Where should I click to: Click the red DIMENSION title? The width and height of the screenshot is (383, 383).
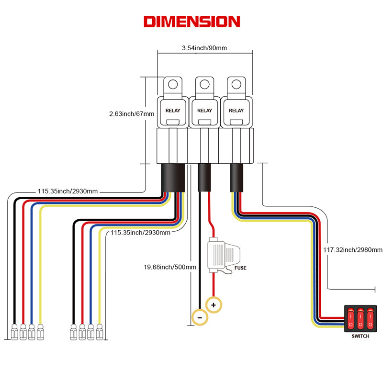(x=191, y=22)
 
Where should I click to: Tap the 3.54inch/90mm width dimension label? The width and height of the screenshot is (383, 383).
(x=204, y=48)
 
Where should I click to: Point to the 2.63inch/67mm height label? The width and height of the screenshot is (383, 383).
(x=132, y=114)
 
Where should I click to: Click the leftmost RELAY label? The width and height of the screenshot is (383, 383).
(x=173, y=111)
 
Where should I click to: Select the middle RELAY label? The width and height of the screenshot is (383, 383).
(x=204, y=111)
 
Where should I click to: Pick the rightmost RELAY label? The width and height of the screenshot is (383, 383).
(x=236, y=111)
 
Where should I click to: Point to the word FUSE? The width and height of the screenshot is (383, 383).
(x=240, y=268)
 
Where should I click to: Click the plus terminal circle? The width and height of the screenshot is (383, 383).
(x=214, y=305)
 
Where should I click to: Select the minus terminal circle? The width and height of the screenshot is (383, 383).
(x=199, y=316)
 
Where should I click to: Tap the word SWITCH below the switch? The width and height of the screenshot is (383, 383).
(x=360, y=337)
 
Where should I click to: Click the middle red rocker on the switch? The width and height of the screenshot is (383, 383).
(x=360, y=318)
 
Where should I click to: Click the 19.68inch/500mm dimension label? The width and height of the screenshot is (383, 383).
(x=170, y=267)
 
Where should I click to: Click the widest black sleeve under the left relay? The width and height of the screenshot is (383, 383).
(x=172, y=177)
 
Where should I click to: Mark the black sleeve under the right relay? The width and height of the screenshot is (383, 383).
(x=237, y=176)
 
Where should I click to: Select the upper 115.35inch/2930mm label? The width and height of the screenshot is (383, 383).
(x=68, y=191)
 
